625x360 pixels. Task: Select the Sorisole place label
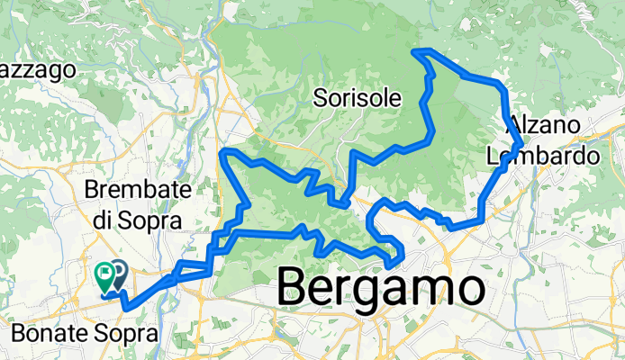tap(357, 98)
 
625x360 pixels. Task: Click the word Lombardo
tap(542, 156)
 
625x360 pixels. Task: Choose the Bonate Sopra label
tap(84, 334)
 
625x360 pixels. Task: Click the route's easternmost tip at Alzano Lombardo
tap(523, 143)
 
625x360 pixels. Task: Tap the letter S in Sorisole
tap(321, 98)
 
